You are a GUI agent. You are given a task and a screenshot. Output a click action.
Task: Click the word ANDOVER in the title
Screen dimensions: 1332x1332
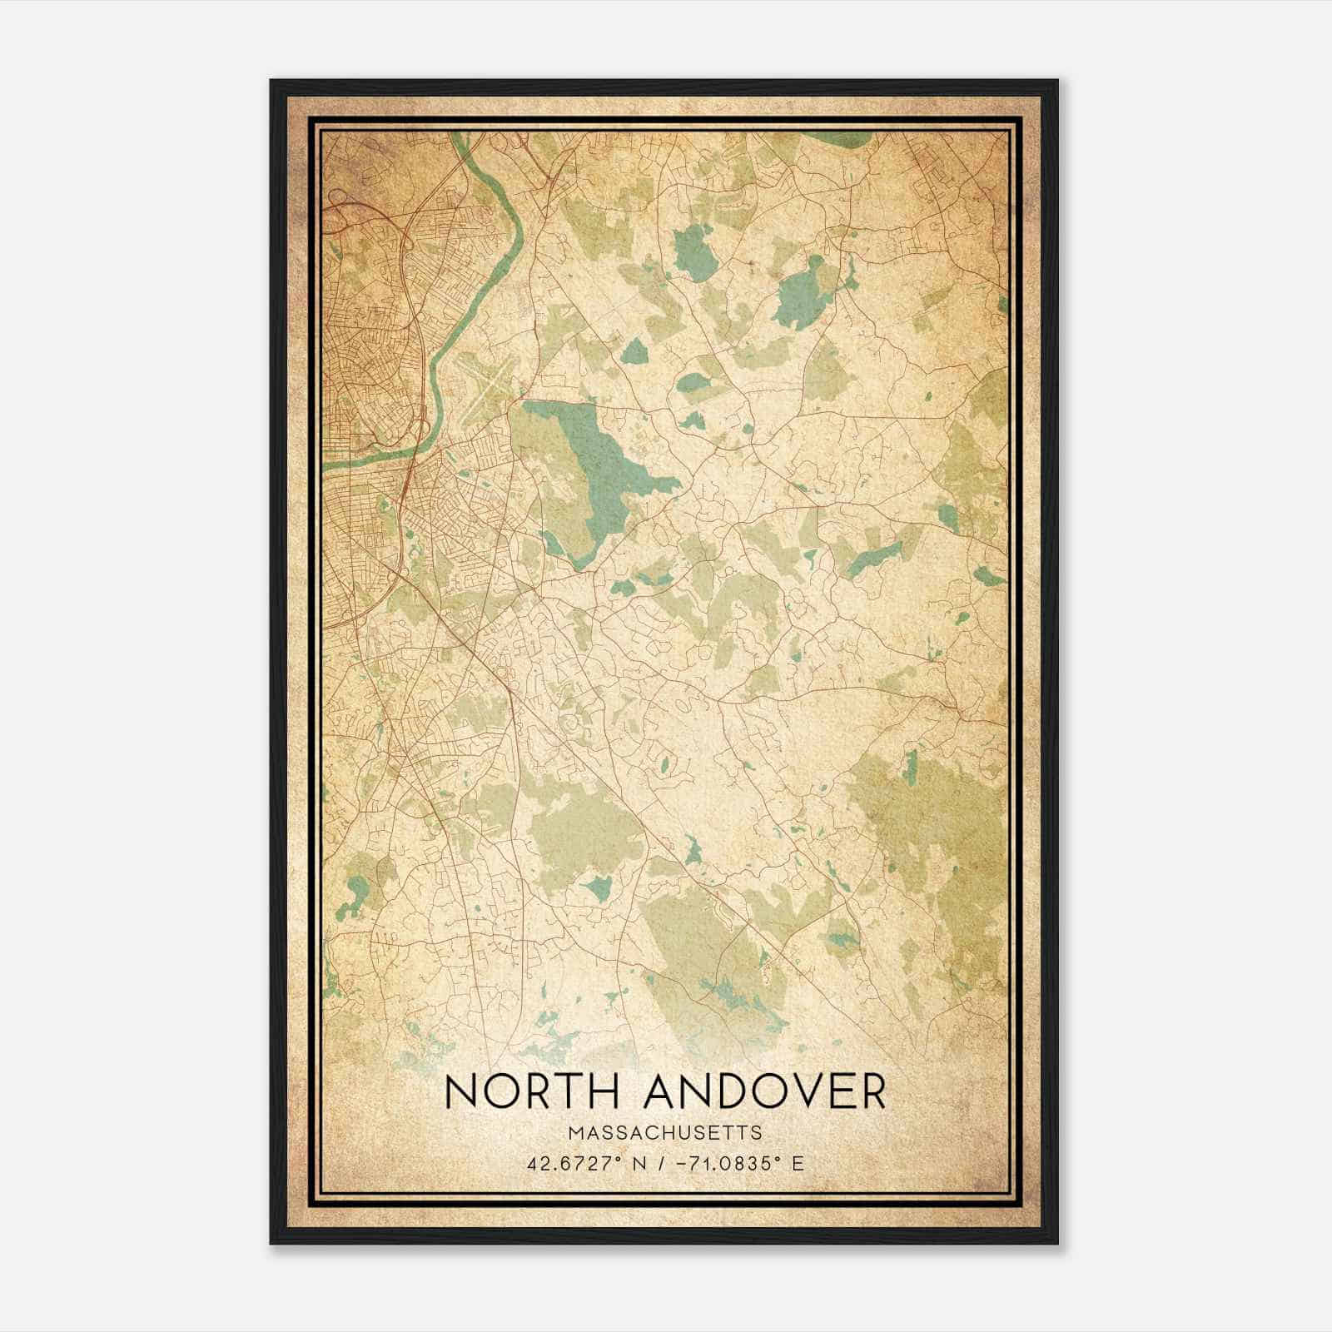766,1092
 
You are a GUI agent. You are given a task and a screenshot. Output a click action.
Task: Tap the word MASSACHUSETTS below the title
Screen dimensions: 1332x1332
665,1132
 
